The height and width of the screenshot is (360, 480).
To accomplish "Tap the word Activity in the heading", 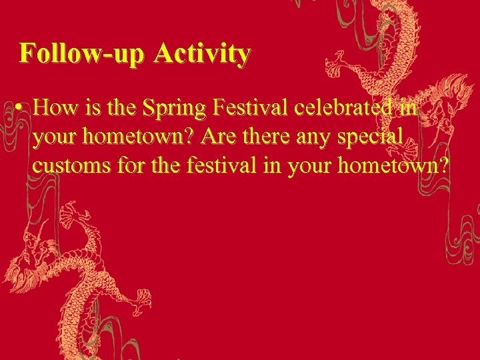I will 202,53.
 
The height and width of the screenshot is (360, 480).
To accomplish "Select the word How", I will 55,107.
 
